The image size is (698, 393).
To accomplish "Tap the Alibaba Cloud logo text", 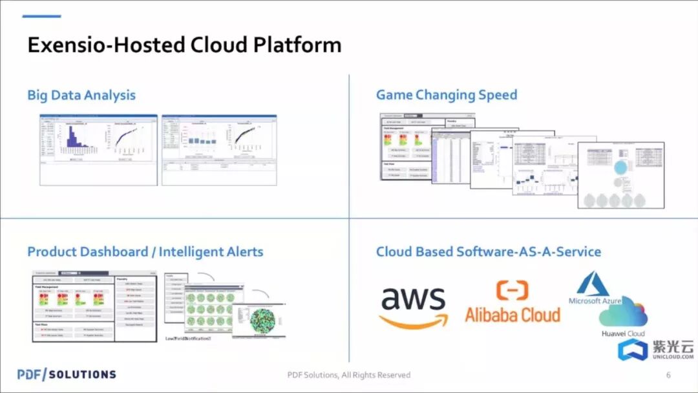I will click(x=512, y=314).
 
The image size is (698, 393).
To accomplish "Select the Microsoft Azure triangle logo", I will click(x=594, y=283).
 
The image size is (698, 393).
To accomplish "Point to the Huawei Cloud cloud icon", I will click(x=623, y=313).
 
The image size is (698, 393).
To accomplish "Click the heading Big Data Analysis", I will click(x=81, y=95).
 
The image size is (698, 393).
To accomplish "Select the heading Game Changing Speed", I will click(x=447, y=95).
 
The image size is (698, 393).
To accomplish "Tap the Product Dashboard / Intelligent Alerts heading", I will click(x=145, y=251).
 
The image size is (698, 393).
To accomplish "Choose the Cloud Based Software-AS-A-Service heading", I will click(x=489, y=251).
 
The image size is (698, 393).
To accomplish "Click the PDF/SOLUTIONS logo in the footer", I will click(x=67, y=374).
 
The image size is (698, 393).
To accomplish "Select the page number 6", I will click(x=668, y=375).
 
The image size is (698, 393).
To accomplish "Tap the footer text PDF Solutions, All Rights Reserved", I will click(x=349, y=375).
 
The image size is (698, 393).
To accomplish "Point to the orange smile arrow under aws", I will click(x=414, y=320).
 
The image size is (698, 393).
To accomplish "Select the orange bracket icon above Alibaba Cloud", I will click(x=513, y=290).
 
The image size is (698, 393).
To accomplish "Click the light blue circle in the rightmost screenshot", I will click(x=620, y=167).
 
